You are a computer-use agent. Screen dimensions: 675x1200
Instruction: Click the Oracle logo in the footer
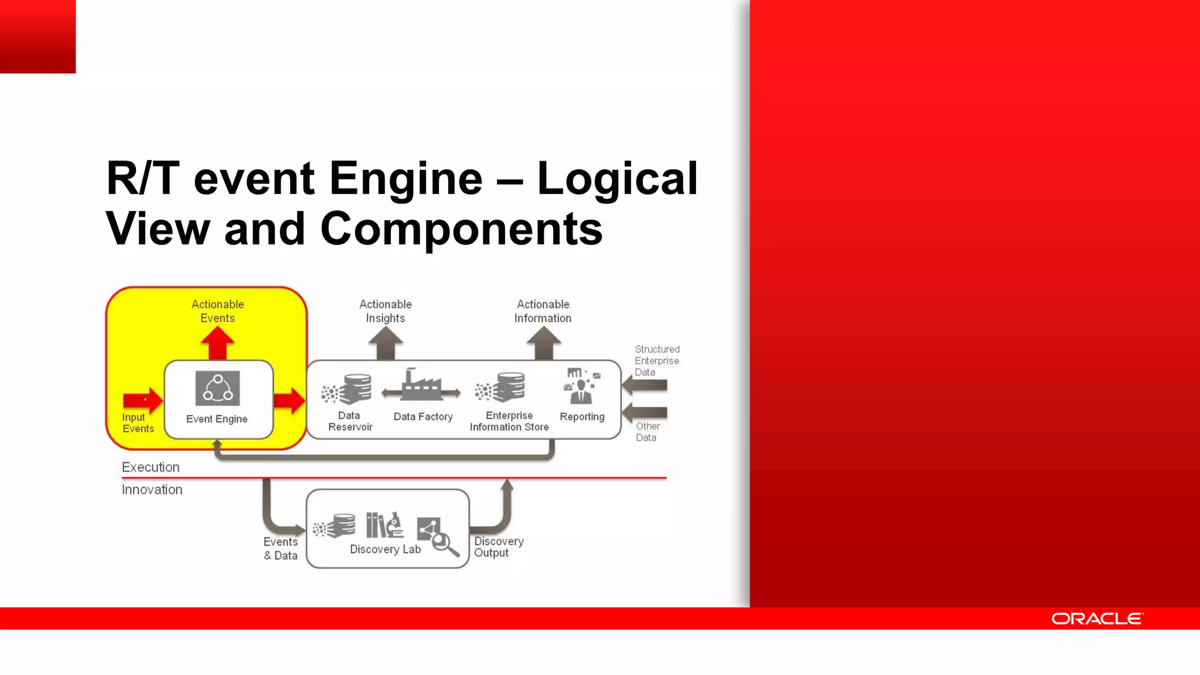[x=1096, y=619]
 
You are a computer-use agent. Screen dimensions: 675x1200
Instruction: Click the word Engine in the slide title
[x=405, y=178]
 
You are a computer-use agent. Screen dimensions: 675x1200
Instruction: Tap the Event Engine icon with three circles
[x=217, y=388]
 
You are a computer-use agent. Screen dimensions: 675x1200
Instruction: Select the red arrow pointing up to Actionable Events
[x=217, y=343]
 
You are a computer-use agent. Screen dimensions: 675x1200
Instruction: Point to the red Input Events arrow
[x=143, y=401]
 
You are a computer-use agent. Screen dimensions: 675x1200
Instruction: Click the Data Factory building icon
[x=421, y=386]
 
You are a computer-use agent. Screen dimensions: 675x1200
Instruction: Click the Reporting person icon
[x=581, y=387]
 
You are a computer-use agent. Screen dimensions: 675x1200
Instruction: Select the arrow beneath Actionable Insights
[x=386, y=343]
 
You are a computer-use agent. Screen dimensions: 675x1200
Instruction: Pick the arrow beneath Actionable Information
[x=543, y=343]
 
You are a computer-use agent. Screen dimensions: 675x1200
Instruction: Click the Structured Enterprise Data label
[x=657, y=360]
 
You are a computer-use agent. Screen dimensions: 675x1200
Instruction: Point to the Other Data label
[x=647, y=432]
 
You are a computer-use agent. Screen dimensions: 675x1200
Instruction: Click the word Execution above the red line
[x=151, y=467]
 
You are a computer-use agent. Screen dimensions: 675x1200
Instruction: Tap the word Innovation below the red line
[x=152, y=490]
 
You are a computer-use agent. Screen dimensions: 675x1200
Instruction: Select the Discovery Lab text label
[x=385, y=550]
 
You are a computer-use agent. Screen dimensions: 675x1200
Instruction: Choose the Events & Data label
[x=281, y=548]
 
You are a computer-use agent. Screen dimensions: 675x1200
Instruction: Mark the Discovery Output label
[x=499, y=547]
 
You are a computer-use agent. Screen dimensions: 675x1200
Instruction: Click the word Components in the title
[x=461, y=229]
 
